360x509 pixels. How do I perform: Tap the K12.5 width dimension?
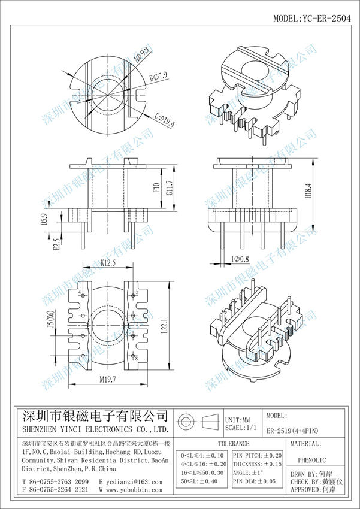[108, 262]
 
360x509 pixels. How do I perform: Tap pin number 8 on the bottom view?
[137, 358]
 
